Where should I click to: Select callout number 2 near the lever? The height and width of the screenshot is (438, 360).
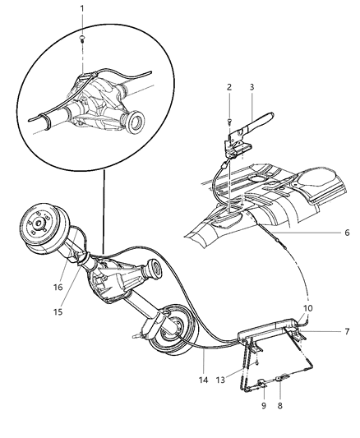click(229, 86)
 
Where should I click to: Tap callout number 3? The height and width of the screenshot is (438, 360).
click(252, 86)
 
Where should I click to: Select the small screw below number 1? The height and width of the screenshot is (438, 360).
click(82, 37)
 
